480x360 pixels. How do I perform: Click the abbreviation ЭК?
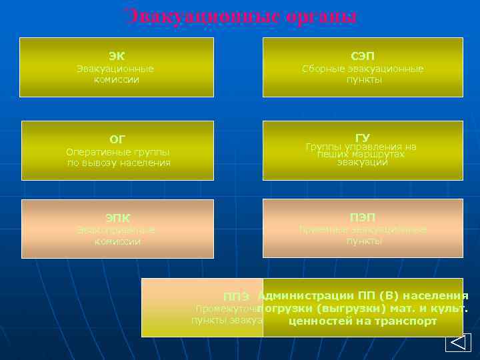click(x=117, y=56)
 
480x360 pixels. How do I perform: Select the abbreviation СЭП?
click(x=363, y=56)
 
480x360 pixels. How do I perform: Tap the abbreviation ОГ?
click(x=117, y=139)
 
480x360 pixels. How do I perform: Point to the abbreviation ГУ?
click(x=363, y=137)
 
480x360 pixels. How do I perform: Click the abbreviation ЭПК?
click(x=117, y=218)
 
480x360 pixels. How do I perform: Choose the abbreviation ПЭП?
click(x=363, y=217)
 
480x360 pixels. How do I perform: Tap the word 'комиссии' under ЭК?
click(x=117, y=79)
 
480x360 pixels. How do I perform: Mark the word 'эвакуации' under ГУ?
click(x=362, y=162)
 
